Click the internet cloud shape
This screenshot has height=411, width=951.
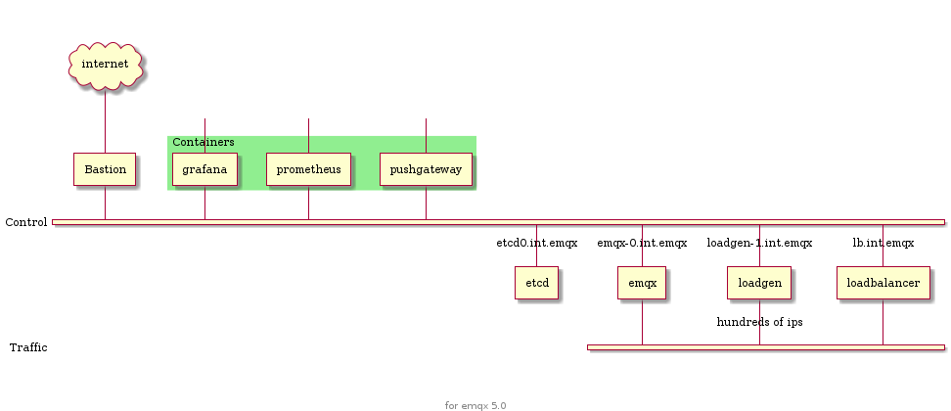pyautogui.click(x=105, y=65)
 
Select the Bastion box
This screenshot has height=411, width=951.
pyautogui.click(x=105, y=169)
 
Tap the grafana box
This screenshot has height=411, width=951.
pyautogui.click(x=204, y=169)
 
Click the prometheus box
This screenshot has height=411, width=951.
pyautogui.click(x=308, y=169)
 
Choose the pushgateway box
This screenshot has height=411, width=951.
pyautogui.click(x=426, y=169)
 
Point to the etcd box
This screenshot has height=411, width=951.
pyautogui.click(x=536, y=283)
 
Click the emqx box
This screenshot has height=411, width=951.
pyautogui.click(x=642, y=283)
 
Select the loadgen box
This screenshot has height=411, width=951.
pyautogui.click(x=759, y=283)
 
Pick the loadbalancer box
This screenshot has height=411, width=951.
pyautogui.click(x=883, y=283)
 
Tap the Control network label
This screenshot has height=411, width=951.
pyautogui.click(x=26, y=223)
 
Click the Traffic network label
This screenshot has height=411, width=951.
pyautogui.click(x=27, y=347)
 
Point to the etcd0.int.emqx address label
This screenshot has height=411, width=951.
pyautogui.click(x=536, y=243)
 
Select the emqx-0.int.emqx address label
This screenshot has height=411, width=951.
pyautogui.click(x=642, y=243)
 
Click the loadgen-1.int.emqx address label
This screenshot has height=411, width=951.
pyautogui.click(x=759, y=243)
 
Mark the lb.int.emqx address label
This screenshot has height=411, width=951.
pyautogui.click(x=883, y=243)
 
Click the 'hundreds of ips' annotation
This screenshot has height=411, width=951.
pyautogui.click(x=759, y=322)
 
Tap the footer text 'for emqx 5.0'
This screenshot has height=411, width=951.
pyautogui.click(x=475, y=405)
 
